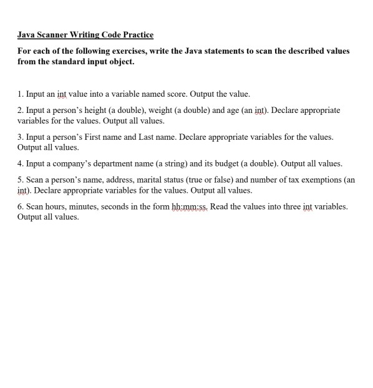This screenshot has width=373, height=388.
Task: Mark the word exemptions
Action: [318, 179]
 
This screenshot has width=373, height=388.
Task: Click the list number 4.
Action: [20, 163]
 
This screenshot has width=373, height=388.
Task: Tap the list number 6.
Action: [20, 206]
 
